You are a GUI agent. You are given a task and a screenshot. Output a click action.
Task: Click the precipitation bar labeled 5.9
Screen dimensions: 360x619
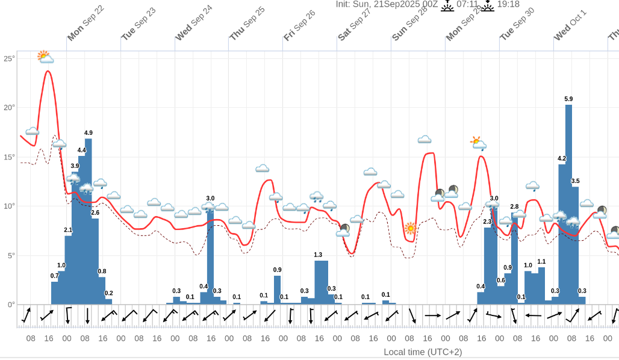(568, 205)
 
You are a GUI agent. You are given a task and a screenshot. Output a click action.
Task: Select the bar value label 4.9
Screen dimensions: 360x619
(89, 132)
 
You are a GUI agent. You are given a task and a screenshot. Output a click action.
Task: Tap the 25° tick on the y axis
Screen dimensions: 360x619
(9, 58)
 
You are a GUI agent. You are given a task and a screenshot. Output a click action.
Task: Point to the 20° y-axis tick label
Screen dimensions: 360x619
(9, 108)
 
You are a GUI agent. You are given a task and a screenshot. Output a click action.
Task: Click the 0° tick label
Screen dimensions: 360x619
(11, 305)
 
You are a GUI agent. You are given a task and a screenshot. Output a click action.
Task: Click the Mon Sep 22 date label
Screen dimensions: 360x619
(86, 24)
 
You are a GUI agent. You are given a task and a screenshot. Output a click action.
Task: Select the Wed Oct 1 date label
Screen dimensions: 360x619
(570, 25)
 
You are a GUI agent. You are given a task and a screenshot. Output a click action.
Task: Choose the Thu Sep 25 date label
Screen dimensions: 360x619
(247, 23)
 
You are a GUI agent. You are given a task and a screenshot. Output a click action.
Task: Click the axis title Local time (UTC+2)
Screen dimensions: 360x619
(423, 352)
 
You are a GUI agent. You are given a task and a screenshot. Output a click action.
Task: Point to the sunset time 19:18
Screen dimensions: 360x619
(508, 4)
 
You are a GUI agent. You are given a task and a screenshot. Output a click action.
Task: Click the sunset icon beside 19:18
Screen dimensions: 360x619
(487, 5)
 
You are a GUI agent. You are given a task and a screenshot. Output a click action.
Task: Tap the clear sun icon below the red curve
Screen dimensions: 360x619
(411, 228)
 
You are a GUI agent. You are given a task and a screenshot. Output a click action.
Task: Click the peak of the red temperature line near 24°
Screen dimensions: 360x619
(48, 72)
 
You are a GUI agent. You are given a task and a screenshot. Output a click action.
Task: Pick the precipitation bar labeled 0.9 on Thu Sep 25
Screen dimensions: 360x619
(278, 290)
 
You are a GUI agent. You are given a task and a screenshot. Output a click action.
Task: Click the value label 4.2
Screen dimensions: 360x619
(562, 158)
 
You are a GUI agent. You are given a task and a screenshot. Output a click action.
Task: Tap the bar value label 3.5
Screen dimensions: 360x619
(575, 181)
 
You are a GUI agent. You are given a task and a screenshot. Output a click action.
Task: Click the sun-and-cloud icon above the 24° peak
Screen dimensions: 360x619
(45, 57)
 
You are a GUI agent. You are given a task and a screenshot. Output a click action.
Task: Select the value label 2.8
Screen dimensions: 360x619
(514, 206)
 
